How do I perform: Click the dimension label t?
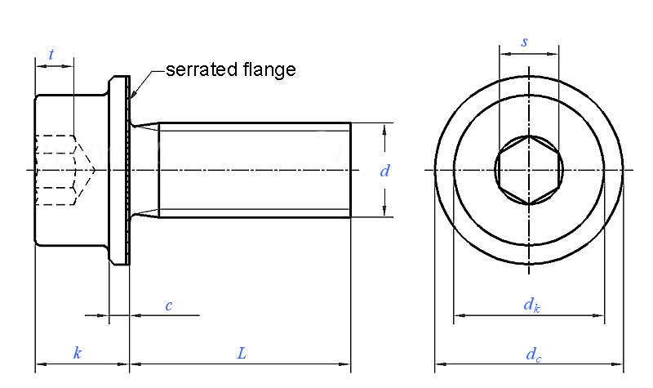coord(51,55)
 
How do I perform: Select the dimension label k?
coord(78,353)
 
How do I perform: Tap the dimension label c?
coord(169,305)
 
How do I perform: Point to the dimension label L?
coord(242,353)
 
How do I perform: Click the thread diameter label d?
coord(384,171)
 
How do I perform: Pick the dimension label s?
coord(524,42)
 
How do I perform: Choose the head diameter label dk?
coord(531,305)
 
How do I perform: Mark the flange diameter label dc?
coord(532,354)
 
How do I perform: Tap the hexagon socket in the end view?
coord(529,170)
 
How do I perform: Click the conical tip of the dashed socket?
coord(93,170)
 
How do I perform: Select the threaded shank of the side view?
coord(253,170)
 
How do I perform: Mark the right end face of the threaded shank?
coord(350,170)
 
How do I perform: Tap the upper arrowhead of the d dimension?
coord(384,127)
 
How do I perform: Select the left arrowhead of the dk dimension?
coord(458,315)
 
